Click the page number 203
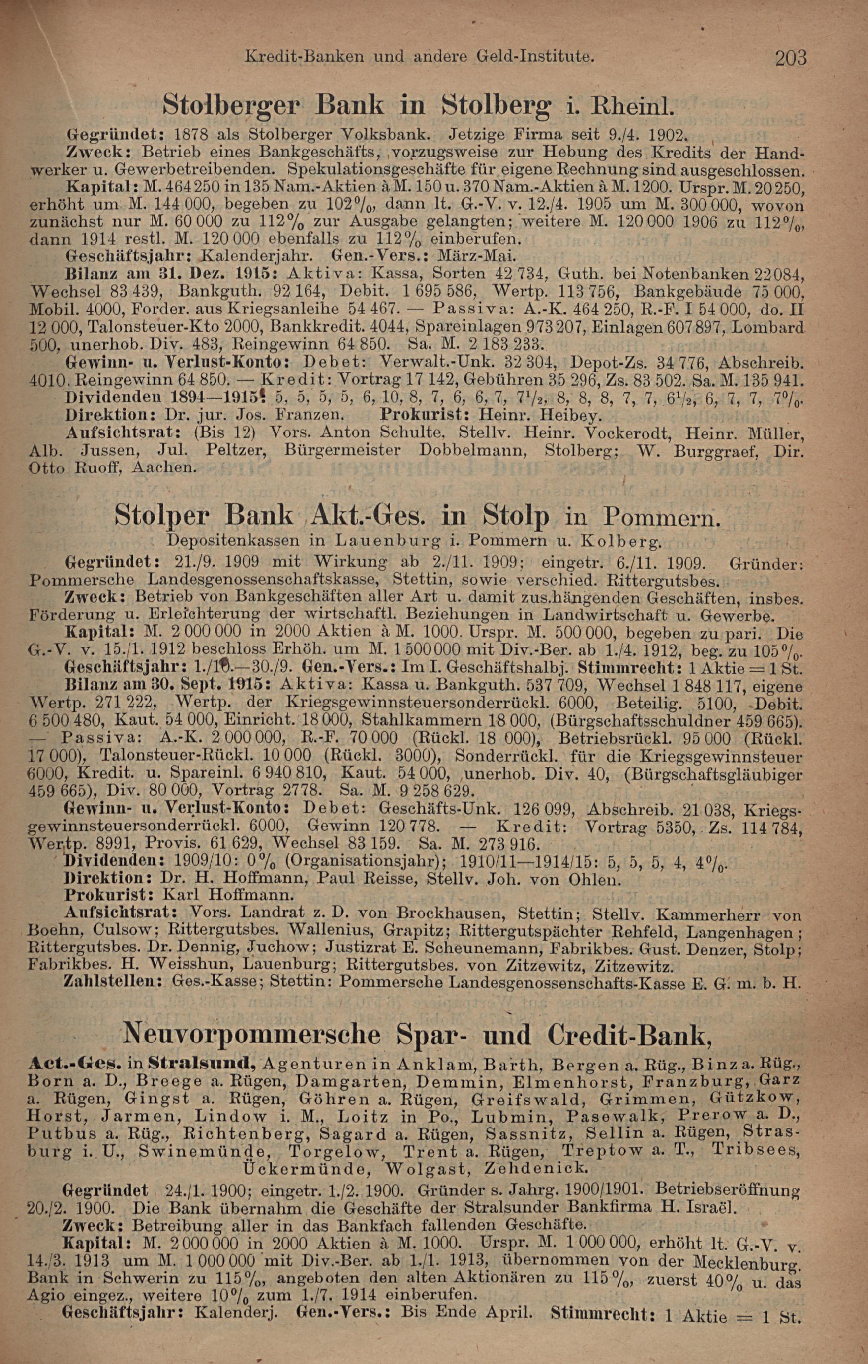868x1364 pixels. point(790,58)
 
